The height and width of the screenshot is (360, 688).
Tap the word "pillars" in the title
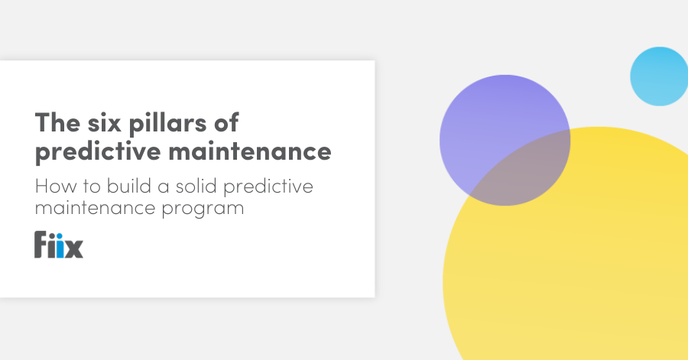point(167,124)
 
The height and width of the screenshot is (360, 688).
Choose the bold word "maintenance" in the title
point(250,151)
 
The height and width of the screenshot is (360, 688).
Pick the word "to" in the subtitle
point(92,186)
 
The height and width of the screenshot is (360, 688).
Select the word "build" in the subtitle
point(129,186)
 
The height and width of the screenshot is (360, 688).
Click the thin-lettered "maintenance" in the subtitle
point(96,208)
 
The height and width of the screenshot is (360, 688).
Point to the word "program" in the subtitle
point(203,209)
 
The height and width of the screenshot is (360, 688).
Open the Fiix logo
point(59,245)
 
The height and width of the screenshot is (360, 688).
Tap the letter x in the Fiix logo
point(74,248)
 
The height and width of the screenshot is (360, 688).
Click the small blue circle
point(659,76)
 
